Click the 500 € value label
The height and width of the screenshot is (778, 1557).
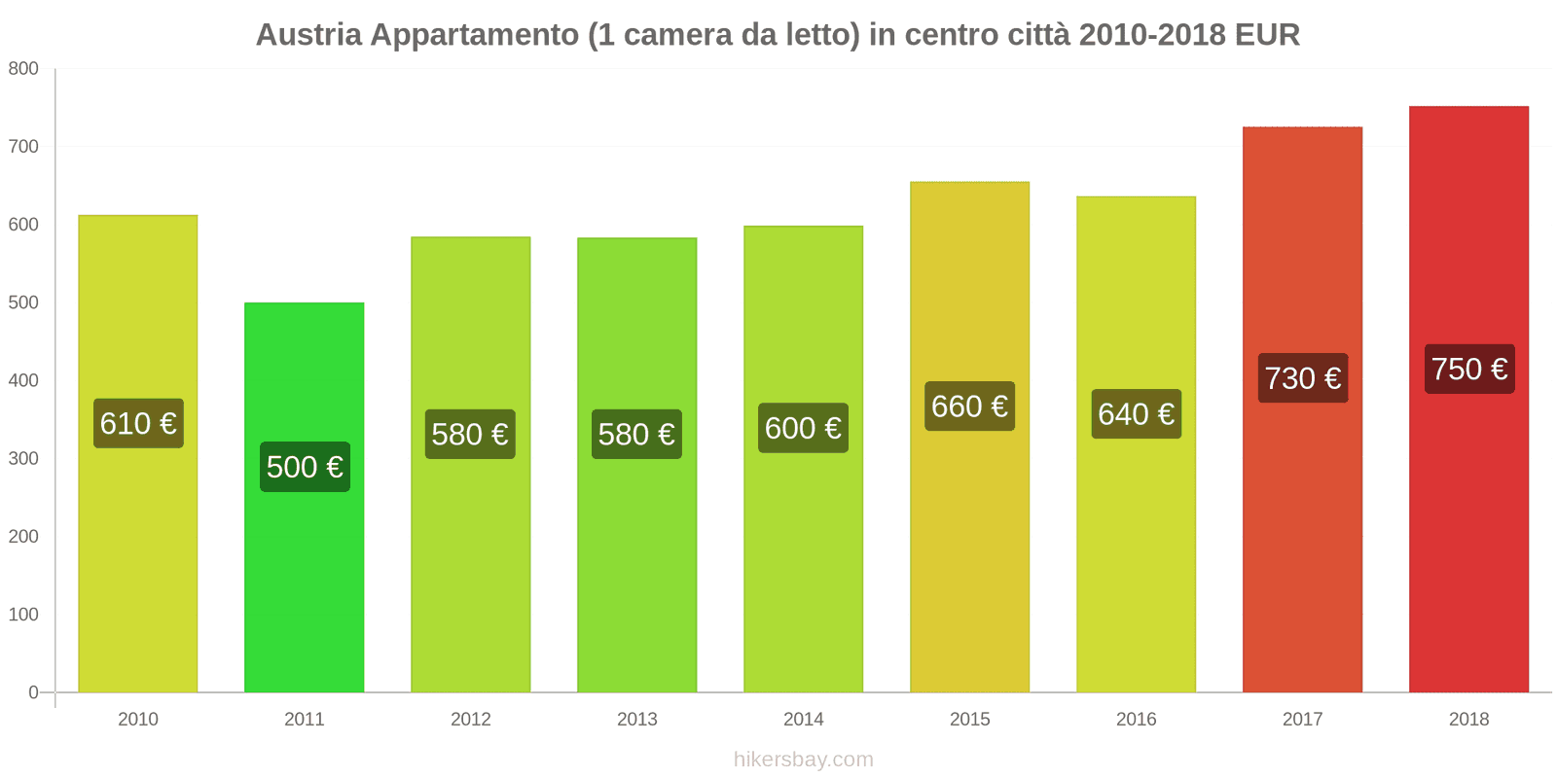[x=305, y=467]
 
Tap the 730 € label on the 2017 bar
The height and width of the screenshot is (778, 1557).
[x=1302, y=377]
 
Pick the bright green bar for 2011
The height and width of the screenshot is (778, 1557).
[x=305, y=583]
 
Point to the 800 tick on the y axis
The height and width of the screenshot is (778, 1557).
[x=23, y=68]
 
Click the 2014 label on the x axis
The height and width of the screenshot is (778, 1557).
[x=803, y=719]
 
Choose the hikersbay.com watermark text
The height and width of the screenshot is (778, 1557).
[x=803, y=760]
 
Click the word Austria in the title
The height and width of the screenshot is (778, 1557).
[x=308, y=35]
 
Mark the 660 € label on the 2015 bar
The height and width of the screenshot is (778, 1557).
[x=969, y=406]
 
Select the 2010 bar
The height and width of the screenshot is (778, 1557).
[x=138, y=564]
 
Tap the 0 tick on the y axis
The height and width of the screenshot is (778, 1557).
[x=33, y=692]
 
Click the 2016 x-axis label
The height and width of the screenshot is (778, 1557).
[x=1136, y=719]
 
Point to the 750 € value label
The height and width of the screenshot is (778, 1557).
[x=1468, y=369]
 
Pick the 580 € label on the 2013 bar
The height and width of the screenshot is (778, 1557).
[x=636, y=434]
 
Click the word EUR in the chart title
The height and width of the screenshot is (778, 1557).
[x=1267, y=35]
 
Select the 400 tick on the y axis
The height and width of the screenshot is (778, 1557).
[x=23, y=380]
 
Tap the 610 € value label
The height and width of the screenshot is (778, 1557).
[x=138, y=423]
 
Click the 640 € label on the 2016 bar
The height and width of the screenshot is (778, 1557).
[x=1136, y=413]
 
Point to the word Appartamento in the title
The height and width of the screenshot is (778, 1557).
[x=475, y=35]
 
